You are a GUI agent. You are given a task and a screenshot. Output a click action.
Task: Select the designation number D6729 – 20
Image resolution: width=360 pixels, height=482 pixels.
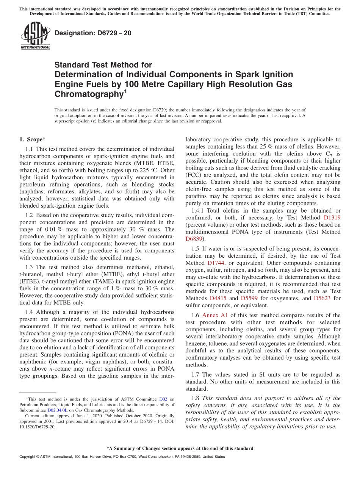click(x=93, y=33)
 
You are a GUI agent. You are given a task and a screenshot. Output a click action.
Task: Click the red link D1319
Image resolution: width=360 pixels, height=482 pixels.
click(x=332, y=218)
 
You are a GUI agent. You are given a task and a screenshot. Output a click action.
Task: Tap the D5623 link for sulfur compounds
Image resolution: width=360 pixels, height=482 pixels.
click(x=322, y=298)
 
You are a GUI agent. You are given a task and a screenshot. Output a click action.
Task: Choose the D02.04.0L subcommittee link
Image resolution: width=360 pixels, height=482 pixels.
click(x=57, y=410)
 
